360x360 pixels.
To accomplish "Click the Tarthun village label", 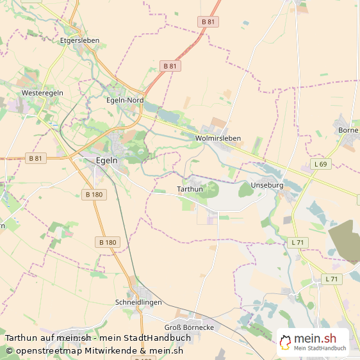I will pyautogui.click(x=190, y=189).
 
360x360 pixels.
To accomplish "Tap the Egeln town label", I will pyautogui.click(x=106, y=161).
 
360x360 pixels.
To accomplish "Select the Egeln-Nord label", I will pyautogui.click(x=124, y=100).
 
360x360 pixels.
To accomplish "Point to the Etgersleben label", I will pyautogui.click(x=79, y=40).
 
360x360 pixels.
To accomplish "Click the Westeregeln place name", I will pyautogui.click(x=42, y=93).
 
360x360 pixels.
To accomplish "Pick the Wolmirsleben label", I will pyautogui.click(x=218, y=137).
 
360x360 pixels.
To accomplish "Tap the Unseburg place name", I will pyautogui.click(x=267, y=185).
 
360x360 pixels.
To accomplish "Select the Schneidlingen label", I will pyautogui.click(x=138, y=302).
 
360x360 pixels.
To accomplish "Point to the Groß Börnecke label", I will pyautogui.click(x=189, y=327).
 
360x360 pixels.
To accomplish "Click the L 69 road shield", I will pyautogui.click(x=320, y=165).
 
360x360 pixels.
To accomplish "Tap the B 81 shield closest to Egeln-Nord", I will pyautogui.click(x=170, y=66).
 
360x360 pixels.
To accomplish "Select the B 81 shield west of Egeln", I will pyautogui.click(x=35, y=158).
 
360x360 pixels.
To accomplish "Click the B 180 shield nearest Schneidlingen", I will pyautogui.click(x=108, y=242).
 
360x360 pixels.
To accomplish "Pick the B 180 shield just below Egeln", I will pyautogui.click(x=93, y=194).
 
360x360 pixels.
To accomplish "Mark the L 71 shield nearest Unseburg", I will pyautogui.click(x=298, y=242).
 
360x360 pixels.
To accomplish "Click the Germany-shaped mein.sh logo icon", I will pyautogui.click(x=285, y=342).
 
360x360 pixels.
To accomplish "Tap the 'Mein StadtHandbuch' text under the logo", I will pyautogui.click(x=320, y=348).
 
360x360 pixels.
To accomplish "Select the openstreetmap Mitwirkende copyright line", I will pyautogui.click(x=95, y=350).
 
